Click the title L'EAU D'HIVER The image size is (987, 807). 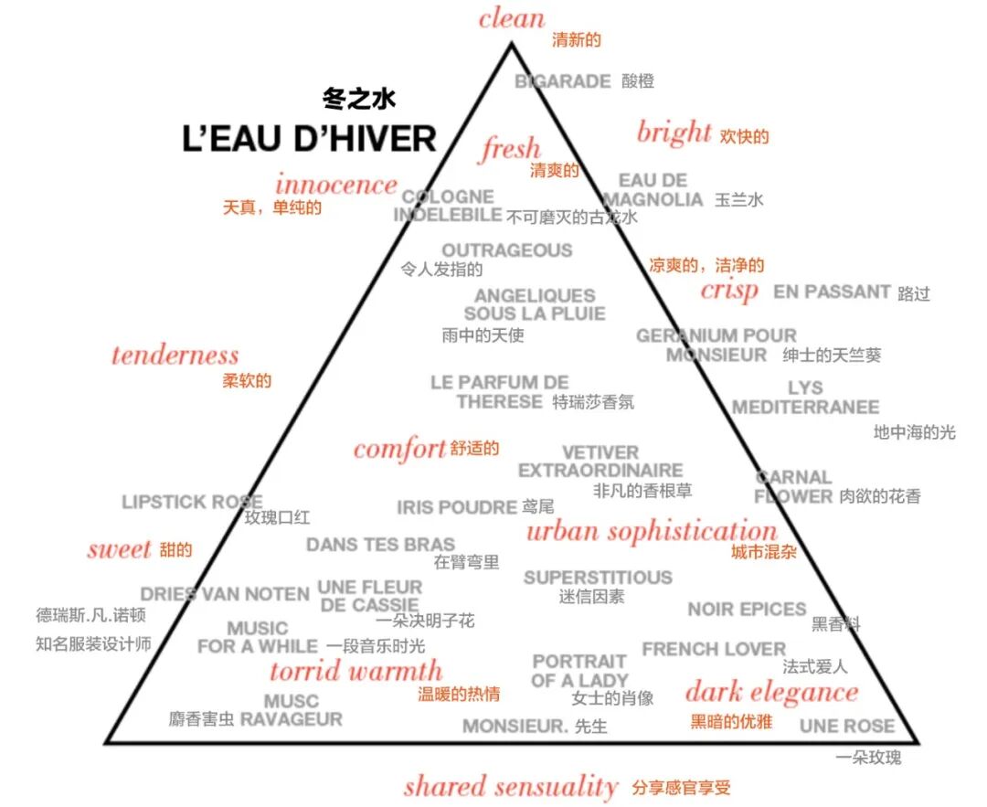coord(309,138)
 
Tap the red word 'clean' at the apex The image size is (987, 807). coord(511,18)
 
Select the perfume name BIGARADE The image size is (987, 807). coord(562,81)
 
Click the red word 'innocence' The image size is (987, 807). coord(336,184)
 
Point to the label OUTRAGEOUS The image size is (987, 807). coord(507,250)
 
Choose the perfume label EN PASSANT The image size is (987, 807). coord(832,292)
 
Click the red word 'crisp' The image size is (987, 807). coord(729,290)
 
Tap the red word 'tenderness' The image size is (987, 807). coord(175,355)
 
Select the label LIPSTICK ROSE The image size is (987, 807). coord(192,502)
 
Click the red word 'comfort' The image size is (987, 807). coord(399,449)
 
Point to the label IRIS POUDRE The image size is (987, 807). coord(457,507)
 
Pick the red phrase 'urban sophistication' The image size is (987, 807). coord(652,531)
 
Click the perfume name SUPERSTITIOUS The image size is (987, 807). coord(598,578)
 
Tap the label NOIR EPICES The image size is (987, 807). coord(747,609)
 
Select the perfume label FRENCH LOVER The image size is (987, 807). coord(714,649)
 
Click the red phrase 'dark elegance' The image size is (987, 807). coord(771,691)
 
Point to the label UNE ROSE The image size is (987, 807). coord(847,726)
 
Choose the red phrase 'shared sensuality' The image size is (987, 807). coord(511,785)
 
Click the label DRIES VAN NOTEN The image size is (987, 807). coord(225,594)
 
